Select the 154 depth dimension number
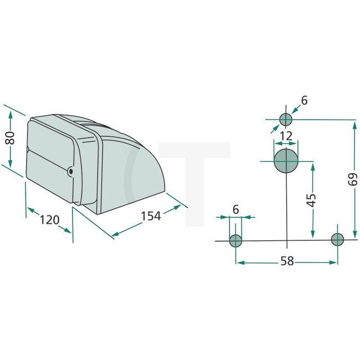(150, 216)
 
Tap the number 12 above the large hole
(286, 136)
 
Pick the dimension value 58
(286, 261)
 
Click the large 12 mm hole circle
(286, 161)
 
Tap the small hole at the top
(286, 119)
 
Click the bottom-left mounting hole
(236, 240)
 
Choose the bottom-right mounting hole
(337, 239)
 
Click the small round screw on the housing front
(70, 172)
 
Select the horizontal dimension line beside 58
(260, 261)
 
